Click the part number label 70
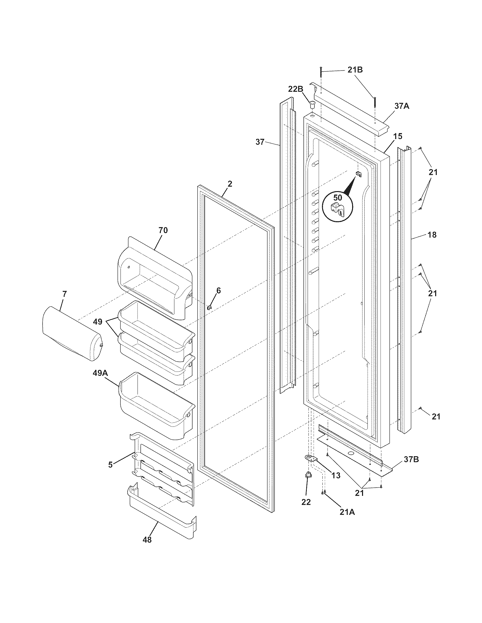click(x=163, y=230)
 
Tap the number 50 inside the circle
click(x=337, y=198)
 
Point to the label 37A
click(x=402, y=106)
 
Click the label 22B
click(x=295, y=89)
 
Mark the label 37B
click(x=411, y=460)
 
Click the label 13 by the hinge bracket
click(x=336, y=475)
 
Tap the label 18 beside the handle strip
click(x=432, y=235)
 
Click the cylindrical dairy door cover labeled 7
click(x=71, y=333)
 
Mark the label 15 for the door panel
click(x=398, y=136)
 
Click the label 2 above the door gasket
click(x=230, y=184)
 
